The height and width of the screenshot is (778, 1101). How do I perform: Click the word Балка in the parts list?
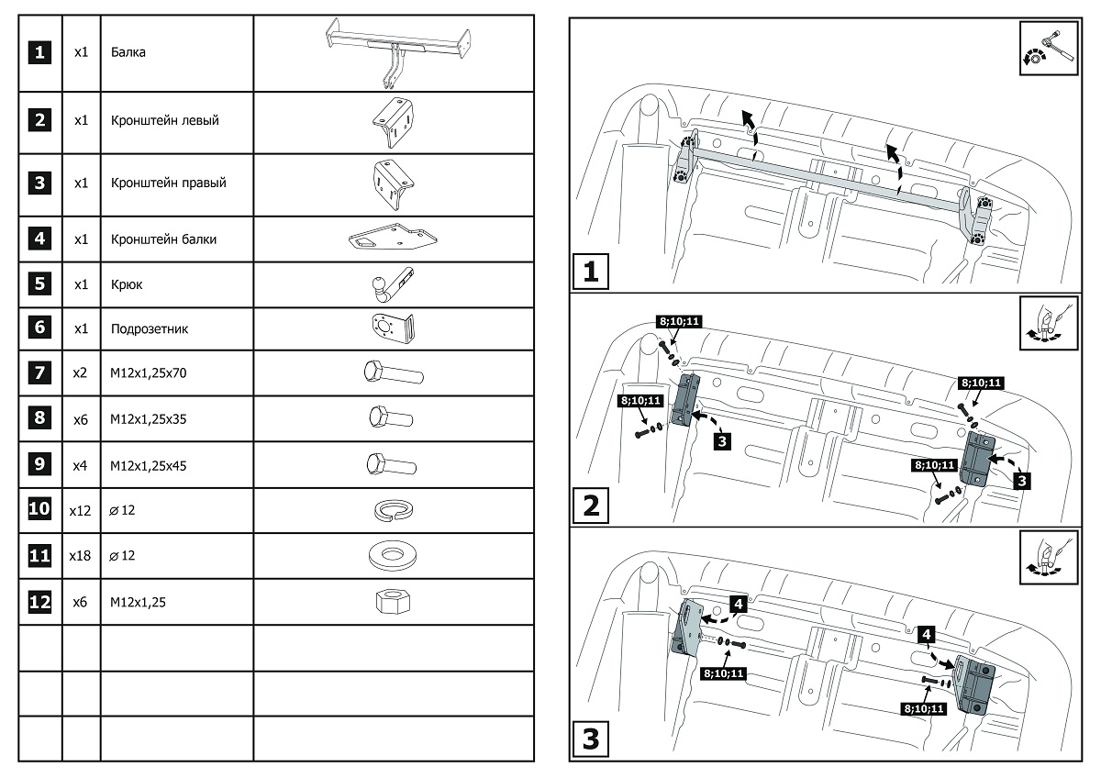tap(128, 52)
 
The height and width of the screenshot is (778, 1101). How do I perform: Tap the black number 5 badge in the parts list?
tap(39, 284)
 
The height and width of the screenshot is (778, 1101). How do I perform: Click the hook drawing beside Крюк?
tap(392, 285)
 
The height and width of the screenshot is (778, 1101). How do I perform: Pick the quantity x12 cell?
tap(80, 511)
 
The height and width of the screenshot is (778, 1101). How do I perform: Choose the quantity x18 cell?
tap(80, 556)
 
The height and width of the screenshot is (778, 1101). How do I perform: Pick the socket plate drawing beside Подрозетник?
tap(392, 328)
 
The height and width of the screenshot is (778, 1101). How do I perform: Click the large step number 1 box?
tap(592, 272)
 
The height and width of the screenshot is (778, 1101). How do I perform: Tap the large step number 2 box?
tap(592, 506)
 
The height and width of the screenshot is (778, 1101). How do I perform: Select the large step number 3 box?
tap(592, 739)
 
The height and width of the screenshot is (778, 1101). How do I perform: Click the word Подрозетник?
tap(150, 328)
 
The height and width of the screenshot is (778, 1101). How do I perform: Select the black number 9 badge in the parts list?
tap(39, 464)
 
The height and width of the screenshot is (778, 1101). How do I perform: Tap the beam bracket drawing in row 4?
tap(392, 239)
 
